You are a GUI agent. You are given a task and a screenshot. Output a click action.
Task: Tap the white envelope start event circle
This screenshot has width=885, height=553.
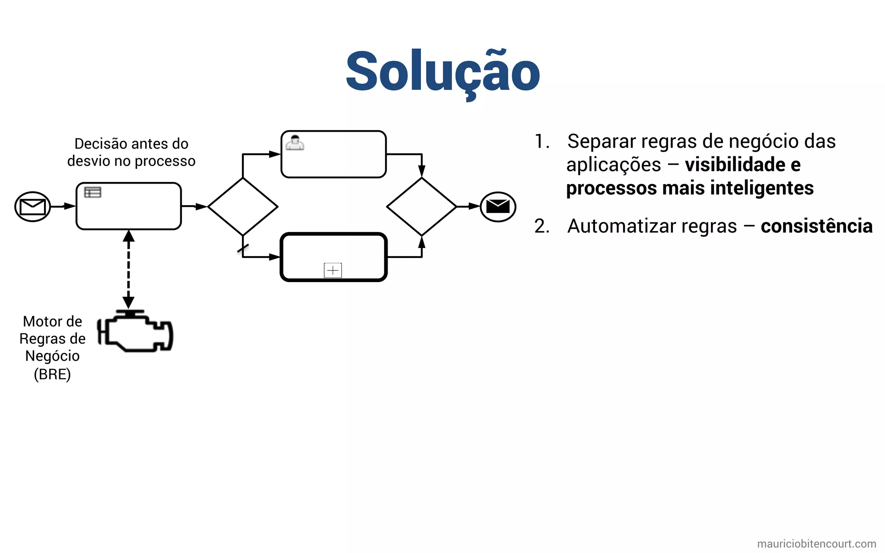click(x=33, y=207)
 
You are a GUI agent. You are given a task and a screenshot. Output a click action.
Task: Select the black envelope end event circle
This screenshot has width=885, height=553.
click(x=498, y=207)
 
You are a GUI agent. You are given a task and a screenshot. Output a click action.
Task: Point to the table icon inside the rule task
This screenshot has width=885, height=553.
click(x=92, y=192)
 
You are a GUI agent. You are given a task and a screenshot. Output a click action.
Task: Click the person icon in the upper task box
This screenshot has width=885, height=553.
click(x=295, y=143)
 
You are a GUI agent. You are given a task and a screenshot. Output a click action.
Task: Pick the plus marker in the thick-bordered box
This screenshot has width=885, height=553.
click(x=333, y=270)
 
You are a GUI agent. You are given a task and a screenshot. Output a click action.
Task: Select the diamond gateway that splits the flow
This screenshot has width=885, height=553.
click(x=243, y=207)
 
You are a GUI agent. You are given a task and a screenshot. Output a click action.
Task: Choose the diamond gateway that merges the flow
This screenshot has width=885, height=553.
click(x=422, y=207)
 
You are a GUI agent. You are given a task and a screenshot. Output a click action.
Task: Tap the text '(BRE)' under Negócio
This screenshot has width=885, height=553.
click(x=52, y=374)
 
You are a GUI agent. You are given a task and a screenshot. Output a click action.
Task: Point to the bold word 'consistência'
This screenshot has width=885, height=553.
click(x=816, y=226)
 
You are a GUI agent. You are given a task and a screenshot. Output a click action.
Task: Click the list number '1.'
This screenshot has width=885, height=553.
click(x=542, y=142)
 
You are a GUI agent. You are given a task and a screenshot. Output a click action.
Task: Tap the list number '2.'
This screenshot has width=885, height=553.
click(x=542, y=226)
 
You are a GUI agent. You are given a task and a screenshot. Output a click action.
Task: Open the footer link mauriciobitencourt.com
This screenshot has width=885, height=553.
click(x=816, y=543)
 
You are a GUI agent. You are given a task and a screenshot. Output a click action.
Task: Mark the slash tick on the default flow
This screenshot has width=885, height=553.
click(x=243, y=248)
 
